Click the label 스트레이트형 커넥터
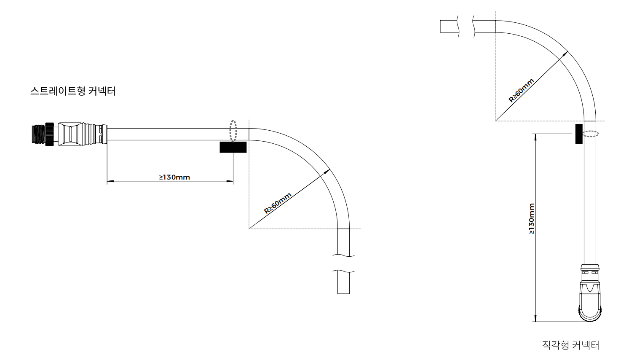pyautogui.click(x=73, y=91)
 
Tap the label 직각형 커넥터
pyautogui.click(x=570, y=345)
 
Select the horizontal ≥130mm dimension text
pyautogui.click(x=174, y=177)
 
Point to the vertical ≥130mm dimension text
pyautogui.click(x=531, y=219)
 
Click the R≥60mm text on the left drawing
pyautogui.click(x=277, y=204)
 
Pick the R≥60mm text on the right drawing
pyautogui.click(x=521, y=90)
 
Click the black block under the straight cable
pyautogui.click(x=233, y=147)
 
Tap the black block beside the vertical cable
pyautogui.click(x=579, y=133)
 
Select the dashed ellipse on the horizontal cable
pyautogui.click(x=233, y=131)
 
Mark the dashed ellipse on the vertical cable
pyautogui.click(x=590, y=134)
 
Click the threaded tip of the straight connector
pyautogui.click(x=39, y=134)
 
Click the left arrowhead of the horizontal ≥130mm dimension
pyautogui.click(x=109, y=182)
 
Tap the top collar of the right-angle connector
pyautogui.click(x=590, y=267)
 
